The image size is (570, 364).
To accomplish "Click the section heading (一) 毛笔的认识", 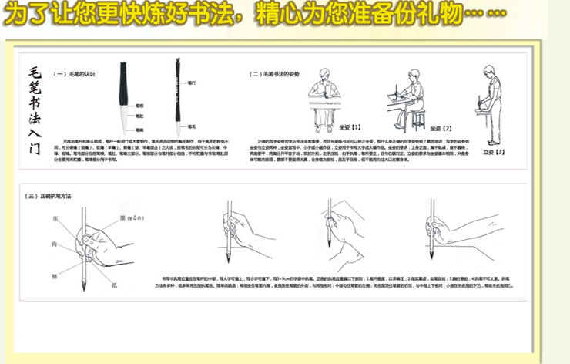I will click(x=74, y=74).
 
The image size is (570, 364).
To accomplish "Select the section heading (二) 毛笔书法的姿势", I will click(x=275, y=74).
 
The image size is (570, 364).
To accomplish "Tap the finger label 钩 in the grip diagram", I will click(x=55, y=244).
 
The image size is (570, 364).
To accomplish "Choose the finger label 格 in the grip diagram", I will click(x=55, y=275).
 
